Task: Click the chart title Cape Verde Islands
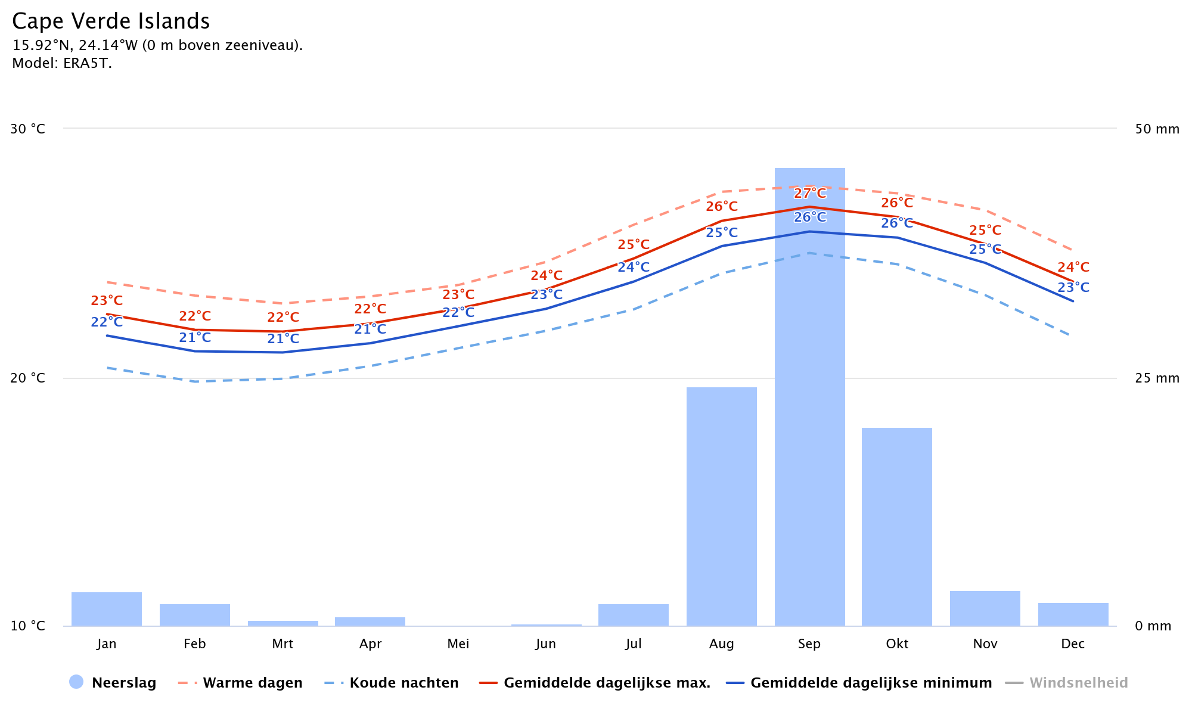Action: [x=111, y=21]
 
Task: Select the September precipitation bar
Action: [x=809, y=417]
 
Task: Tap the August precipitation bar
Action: [x=721, y=506]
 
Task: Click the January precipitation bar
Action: [x=107, y=609]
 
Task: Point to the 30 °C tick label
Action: [x=28, y=129]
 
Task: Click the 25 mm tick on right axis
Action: [x=1157, y=378]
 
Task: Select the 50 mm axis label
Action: [x=1157, y=129]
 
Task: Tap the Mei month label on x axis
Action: [x=458, y=644]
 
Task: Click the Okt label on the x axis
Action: [x=897, y=644]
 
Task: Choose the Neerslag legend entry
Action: [x=113, y=683]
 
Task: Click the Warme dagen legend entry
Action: [x=241, y=683]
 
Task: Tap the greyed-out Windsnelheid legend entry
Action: [x=1067, y=683]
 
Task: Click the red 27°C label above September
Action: [x=810, y=194]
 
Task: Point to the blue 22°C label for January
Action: [x=107, y=322]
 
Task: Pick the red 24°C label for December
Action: [x=1073, y=268]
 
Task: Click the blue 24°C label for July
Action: [x=634, y=268]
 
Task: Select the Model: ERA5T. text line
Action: [x=62, y=64]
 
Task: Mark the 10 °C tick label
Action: [x=28, y=626]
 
